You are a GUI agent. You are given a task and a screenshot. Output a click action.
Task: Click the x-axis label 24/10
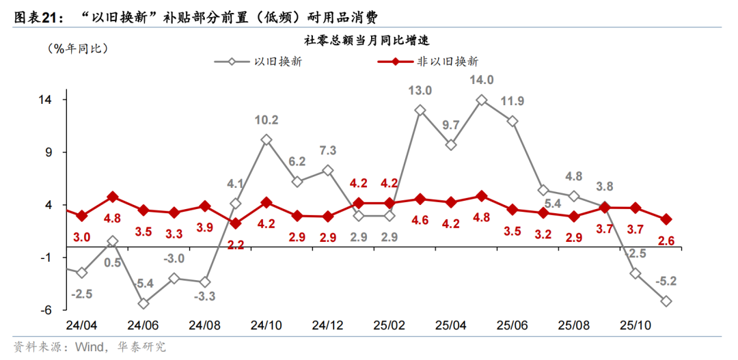266,324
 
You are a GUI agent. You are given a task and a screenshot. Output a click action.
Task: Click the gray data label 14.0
481,80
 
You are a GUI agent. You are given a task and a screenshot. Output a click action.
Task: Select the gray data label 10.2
266,120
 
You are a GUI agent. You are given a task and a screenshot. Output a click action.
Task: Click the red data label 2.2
235,245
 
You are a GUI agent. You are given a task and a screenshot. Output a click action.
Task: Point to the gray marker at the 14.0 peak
481,100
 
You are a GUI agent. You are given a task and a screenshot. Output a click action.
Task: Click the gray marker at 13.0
420,110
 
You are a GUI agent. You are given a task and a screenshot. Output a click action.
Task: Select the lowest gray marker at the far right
666,301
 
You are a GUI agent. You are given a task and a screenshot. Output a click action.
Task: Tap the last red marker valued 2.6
666,219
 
